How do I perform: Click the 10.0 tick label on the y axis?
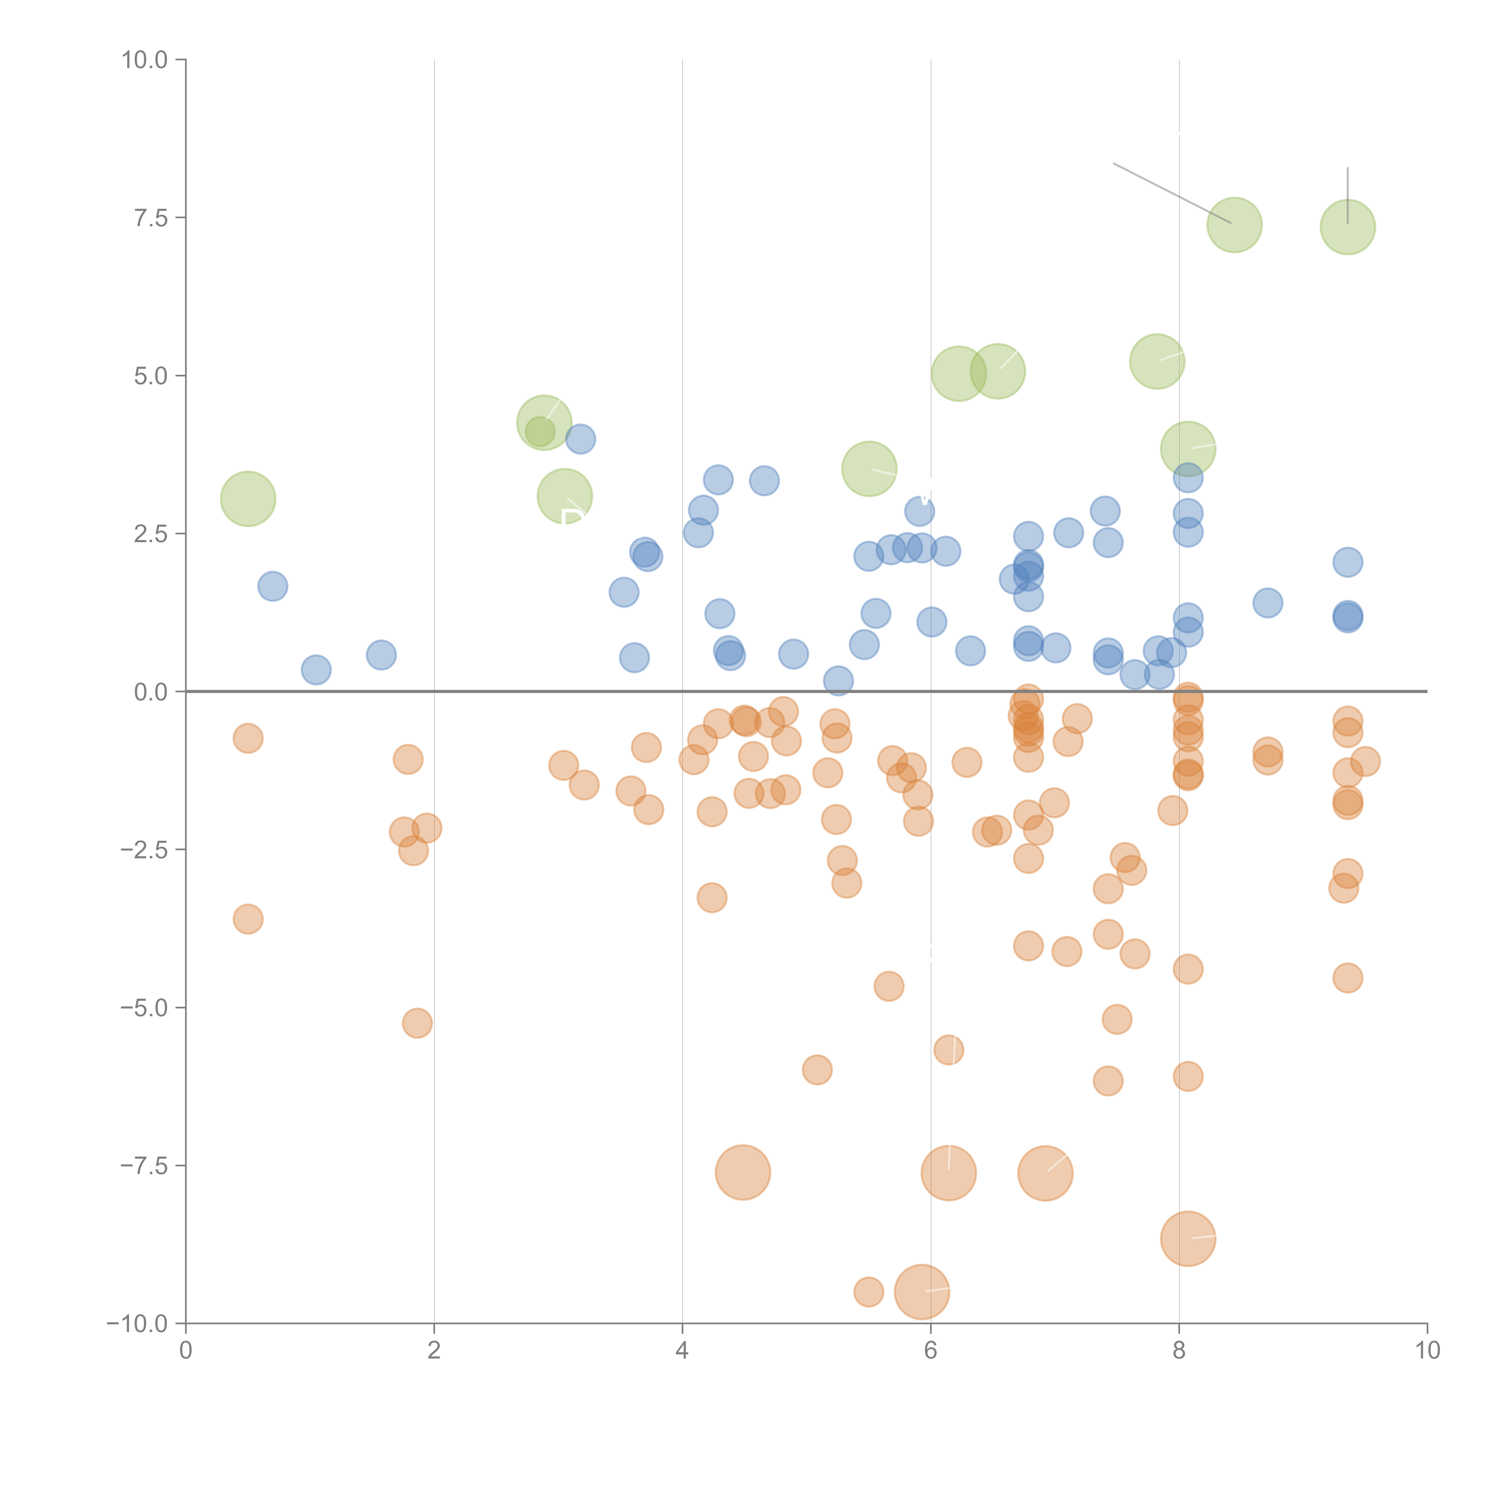click(x=145, y=60)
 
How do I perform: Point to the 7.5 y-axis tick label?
click(x=151, y=218)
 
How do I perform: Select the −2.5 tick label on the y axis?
click(x=145, y=850)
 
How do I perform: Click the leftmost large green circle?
click(x=248, y=499)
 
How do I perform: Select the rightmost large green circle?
click(x=1348, y=227)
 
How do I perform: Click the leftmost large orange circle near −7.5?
click(x=743, y=1172)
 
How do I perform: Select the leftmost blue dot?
click(x=272, y=586)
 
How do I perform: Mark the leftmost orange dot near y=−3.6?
click(x=248, y=919)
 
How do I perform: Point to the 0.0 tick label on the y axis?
click(x=151, y=692)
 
